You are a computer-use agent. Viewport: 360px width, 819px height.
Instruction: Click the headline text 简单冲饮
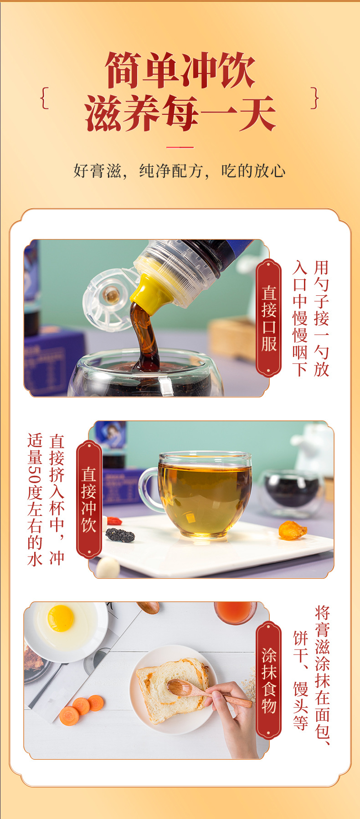pyautogui.click(x=180, y=71)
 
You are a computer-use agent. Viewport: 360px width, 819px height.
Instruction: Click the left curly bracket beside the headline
pyautogui.click(x=44, y=98)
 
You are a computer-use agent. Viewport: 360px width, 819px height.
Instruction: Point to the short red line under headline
pyautogui.click(x=180, y=147)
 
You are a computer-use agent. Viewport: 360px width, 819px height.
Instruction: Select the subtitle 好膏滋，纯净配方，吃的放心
pyautogui.click(x=180, y=171)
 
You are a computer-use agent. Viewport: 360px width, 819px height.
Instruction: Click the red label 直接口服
pyautogui.click(x=269, y=318)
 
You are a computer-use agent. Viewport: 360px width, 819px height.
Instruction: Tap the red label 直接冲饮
pyautogui.click(x=89, y=499)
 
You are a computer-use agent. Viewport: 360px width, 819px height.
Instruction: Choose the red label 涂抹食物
pyautogui.click(x=269, y=680)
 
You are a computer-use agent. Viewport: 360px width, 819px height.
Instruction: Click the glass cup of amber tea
pyautogui.click(x=205, y=494)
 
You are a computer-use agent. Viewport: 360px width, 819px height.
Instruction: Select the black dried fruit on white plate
pyautogui.click(x=120, y=535)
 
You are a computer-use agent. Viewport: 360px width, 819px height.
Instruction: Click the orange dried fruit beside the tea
pyautogui.click(x=292, y=530)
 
